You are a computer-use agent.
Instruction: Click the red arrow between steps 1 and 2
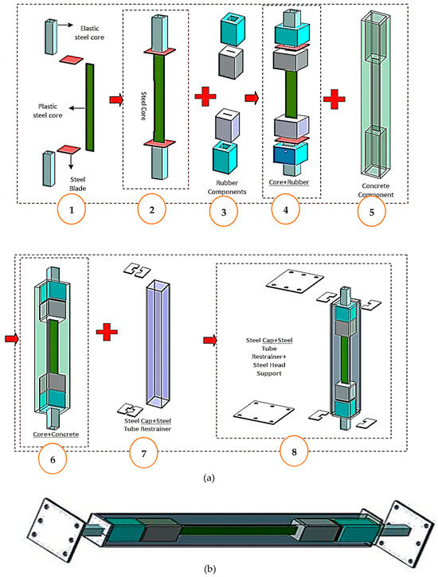pos(114,100)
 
